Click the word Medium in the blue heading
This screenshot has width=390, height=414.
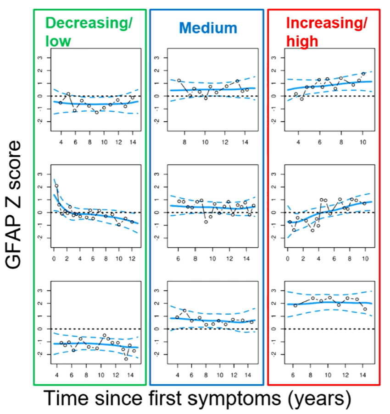click(x=208, y=28)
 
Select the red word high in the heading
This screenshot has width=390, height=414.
click(x=301, y=41)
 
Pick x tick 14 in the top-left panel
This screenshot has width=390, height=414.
click(x=133, y=136)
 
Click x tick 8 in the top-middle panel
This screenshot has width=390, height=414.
click(x=184, y=136)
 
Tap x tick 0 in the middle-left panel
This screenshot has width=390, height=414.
click(x=54, y=252)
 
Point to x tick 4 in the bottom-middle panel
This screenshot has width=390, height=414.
click(x=178, y=369)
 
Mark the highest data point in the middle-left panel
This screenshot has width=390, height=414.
click(x=56, y=186)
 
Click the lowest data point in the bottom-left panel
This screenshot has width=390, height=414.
click(x=126, y=359)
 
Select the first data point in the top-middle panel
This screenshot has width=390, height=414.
click(x=179, y=81)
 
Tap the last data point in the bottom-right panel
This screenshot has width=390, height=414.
click(x=365, y=309)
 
